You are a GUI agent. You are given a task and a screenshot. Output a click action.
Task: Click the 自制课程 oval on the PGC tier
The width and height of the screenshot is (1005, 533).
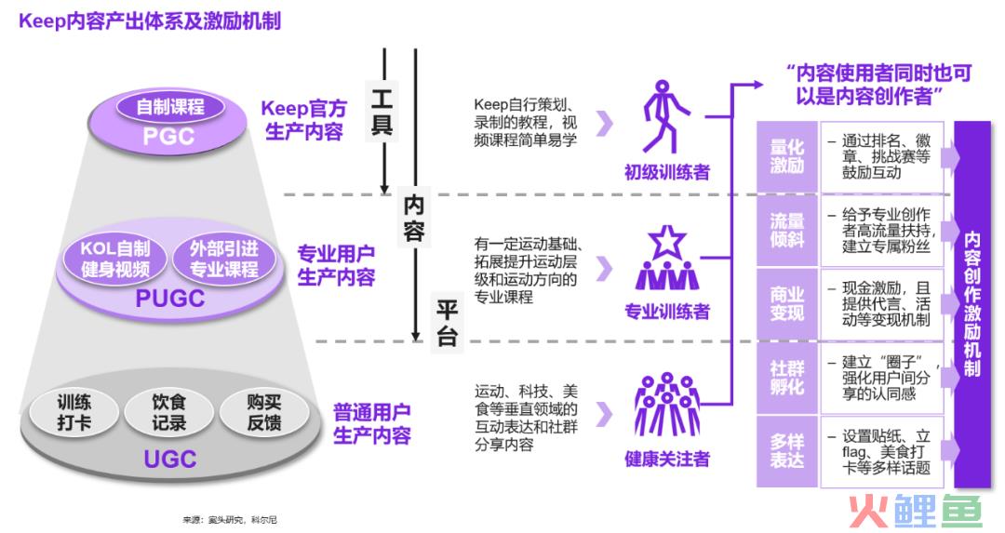pyautogui.click(x=170, y=106)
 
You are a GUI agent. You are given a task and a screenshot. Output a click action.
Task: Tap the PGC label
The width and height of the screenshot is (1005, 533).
pyautogui.click(x=168, y=136)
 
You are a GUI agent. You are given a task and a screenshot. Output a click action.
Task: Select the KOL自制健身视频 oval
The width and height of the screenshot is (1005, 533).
pyautogui.click(x=114, y=259)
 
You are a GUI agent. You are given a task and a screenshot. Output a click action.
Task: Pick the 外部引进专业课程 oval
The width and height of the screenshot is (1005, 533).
pyautogui.click(x=223, y=259)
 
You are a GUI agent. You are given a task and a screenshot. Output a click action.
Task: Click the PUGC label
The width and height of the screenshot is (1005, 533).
pyautogui.click(x=170, y=299)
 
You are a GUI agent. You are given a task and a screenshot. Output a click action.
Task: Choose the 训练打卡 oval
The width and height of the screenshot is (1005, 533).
pyautogui.click(x=74, y=412)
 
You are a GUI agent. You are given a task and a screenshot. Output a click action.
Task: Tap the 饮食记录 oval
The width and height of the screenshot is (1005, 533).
pyautogui.click(x=169, y=412)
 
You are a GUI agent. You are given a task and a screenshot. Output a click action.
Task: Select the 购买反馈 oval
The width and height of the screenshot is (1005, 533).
pyautogui.click(x=264, y=412)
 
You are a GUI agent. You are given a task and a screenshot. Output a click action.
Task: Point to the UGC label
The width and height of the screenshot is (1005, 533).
pyautogui.click(x=170, y=460)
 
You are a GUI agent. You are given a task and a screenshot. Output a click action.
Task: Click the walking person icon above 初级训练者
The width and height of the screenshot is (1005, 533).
pyautogui.click(x=664, y=117)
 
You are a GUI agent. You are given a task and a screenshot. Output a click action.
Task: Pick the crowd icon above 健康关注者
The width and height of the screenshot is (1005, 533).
pyautogui.click(x=666, y=405)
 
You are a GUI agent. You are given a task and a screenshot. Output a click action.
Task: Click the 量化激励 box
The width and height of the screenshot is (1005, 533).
pyautogui.click(x=786, y=156)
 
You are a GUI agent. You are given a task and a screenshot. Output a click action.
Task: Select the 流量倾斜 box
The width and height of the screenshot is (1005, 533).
pyautogui.click(x=786, y=231)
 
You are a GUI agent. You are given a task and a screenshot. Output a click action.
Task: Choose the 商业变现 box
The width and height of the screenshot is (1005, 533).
pyautogui.click(x=786, y=304)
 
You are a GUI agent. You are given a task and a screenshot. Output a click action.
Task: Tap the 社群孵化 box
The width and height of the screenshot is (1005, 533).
pyautogui.click(x=786, y=378)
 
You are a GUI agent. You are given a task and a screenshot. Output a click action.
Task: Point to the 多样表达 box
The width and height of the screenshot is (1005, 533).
pyautogui.click(x=786, y=452)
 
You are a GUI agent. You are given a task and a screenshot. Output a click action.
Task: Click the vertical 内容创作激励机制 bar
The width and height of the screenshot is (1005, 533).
pyautogui.click(x=972, y=305)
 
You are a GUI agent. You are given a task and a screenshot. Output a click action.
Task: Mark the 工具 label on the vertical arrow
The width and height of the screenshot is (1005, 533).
pyautogui.click(x=382, y=112)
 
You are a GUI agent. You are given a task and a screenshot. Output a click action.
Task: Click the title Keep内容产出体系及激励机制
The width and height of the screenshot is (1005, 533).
pyautogui.click(x=150, y=21)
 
